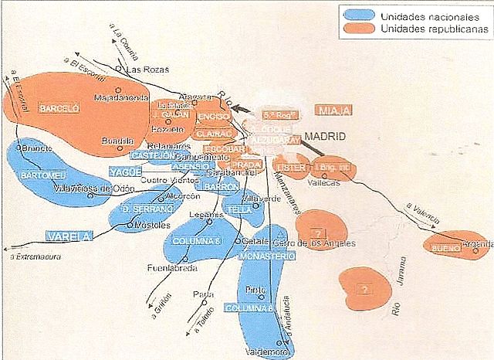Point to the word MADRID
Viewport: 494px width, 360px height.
325,137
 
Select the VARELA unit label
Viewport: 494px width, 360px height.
67,235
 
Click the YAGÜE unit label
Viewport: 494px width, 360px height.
124,171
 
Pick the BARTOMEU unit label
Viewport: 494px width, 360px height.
46,175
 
